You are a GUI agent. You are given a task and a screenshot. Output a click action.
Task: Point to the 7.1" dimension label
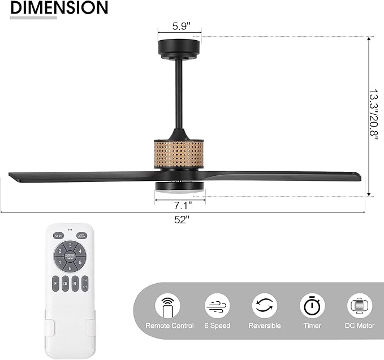(182, 204)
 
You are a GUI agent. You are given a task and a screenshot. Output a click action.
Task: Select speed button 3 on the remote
(70, 246)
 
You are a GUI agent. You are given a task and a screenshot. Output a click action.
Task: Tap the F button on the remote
(56, 283)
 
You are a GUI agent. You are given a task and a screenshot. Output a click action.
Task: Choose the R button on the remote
(74, 283)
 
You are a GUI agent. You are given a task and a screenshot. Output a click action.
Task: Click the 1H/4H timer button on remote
(84, 283)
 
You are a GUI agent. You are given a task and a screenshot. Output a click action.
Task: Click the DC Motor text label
(360, 326)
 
